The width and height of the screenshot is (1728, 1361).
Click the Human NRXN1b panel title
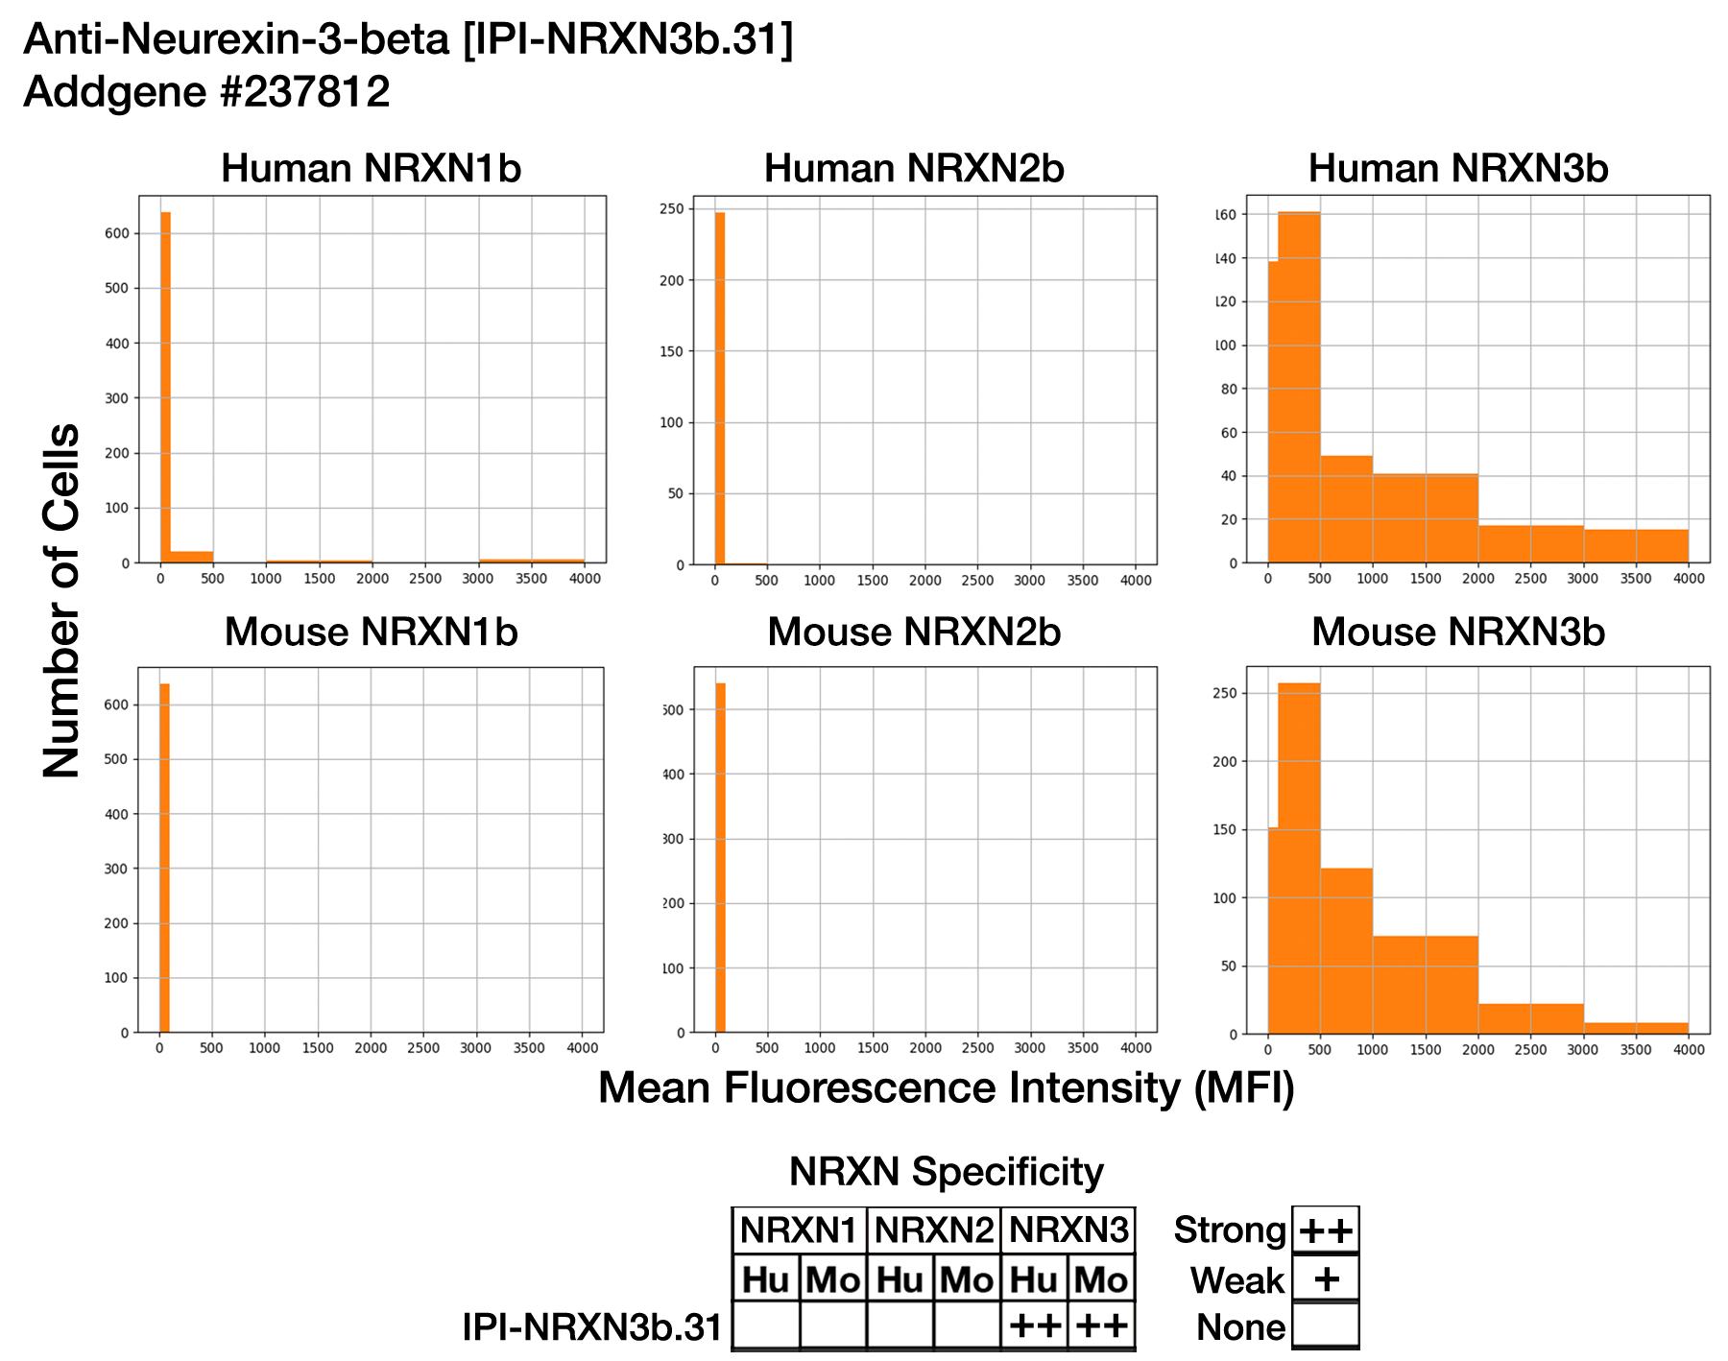(x=371, y=169)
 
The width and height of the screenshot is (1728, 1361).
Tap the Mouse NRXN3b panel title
(x=1457, y=633)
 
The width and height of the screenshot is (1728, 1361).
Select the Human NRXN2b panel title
(x=914, y=169)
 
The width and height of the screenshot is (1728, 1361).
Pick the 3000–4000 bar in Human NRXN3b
(x=1636, y=546)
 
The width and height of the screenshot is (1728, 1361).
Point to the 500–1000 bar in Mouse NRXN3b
(x=1346, y=950)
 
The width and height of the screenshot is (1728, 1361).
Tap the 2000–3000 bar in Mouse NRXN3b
(x=1530, y=1018)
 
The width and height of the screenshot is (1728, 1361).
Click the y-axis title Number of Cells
(x=62, y=601)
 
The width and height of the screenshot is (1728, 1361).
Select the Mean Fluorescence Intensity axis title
(x=946, y=1088)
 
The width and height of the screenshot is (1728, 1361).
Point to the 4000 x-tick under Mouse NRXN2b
(x=1136, y=1048)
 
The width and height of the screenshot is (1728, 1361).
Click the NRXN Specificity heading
(x=946, y=1172)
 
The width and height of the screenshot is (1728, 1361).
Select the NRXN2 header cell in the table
(x=933, y=1230)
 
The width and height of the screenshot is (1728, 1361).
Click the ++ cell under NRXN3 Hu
(x=1034, y=1326)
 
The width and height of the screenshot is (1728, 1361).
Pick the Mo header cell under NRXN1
(x=832, y=1279)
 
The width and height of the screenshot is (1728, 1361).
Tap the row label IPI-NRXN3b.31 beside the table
(x=591, y=1327)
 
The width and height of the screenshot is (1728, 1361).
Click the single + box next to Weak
(x=1326, y=1279)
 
